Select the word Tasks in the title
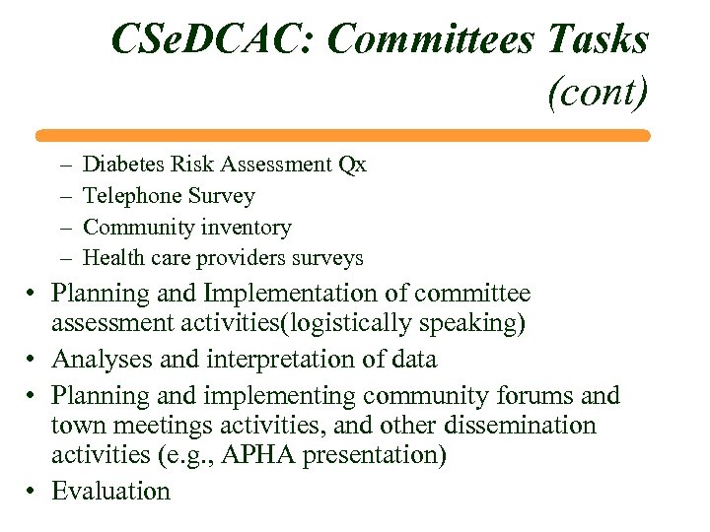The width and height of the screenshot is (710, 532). point(593,40)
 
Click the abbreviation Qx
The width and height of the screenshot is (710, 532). point(352,165)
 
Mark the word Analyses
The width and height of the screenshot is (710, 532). point(97,360)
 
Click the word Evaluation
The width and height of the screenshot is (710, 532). point(111,491)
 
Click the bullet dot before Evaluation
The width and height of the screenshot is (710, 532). point(34,491)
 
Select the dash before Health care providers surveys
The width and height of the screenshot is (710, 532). point(65,259)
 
